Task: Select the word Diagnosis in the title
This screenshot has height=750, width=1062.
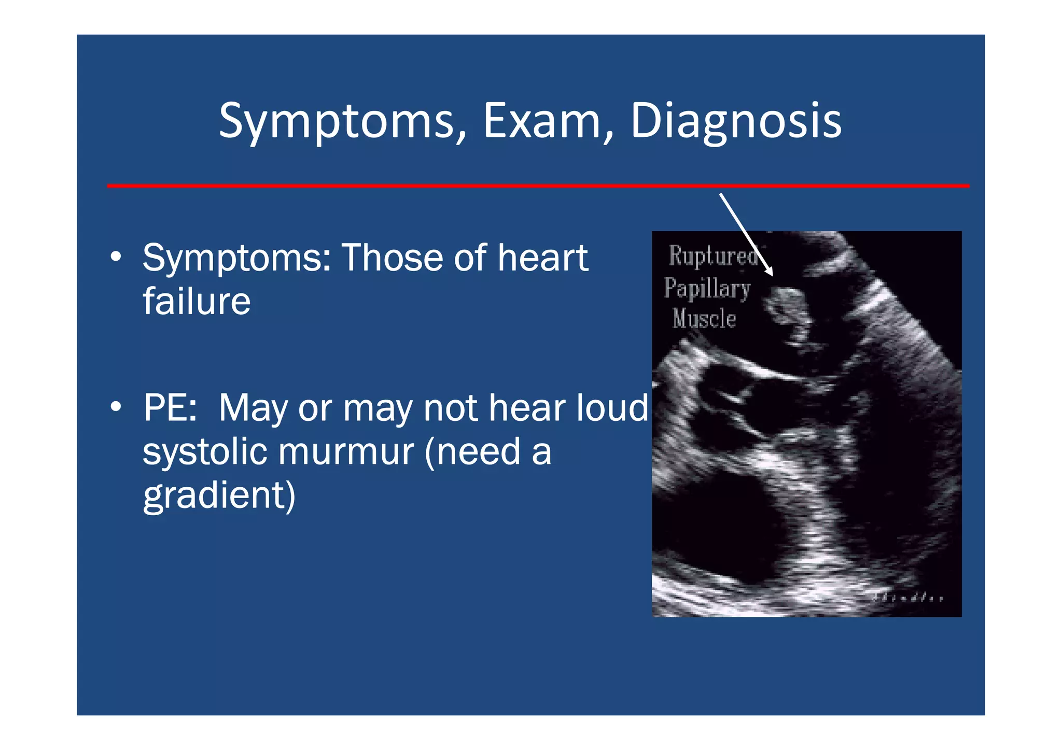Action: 735,122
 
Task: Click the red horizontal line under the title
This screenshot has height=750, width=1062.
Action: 538,186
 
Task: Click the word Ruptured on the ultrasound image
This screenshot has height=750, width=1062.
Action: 713,256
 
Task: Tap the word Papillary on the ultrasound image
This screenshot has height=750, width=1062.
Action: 707,288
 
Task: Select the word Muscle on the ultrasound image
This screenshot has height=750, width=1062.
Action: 704,318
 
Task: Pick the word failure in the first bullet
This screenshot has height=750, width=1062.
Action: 197,301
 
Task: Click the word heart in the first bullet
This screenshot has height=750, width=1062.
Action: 542,258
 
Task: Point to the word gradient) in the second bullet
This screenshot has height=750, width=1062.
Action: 219,496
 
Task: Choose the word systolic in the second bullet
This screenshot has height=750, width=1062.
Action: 204,451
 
